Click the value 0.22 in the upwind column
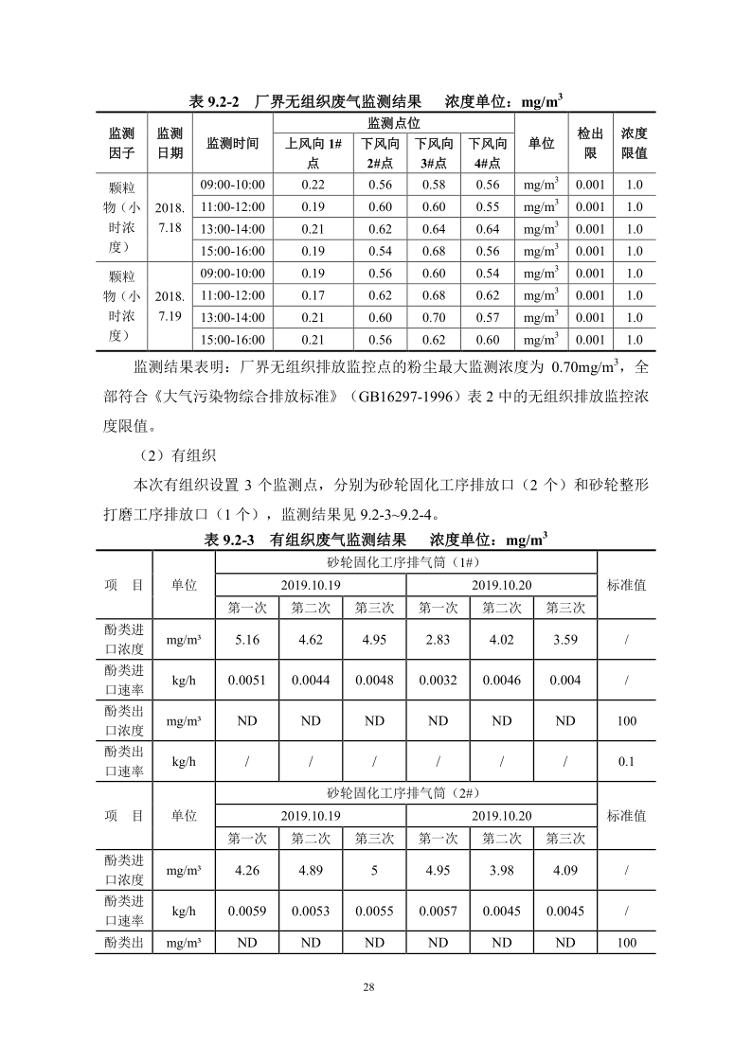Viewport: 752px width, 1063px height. pos(313,185)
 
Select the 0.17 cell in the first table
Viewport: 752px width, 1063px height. pos(313,295)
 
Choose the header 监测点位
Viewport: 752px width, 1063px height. pos(393,123)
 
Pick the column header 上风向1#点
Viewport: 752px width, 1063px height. pos(313,152)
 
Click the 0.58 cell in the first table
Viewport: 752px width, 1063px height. pos(434,185)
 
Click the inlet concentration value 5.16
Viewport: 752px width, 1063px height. pos(247,640)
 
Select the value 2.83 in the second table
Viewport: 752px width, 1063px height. pos(438,640)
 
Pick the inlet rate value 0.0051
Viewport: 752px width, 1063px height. pos(247,680)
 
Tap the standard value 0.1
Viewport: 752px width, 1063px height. pos(626,760)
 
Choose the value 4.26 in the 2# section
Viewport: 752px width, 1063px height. pos(247,870)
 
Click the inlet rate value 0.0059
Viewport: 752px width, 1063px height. pos(247,911)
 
